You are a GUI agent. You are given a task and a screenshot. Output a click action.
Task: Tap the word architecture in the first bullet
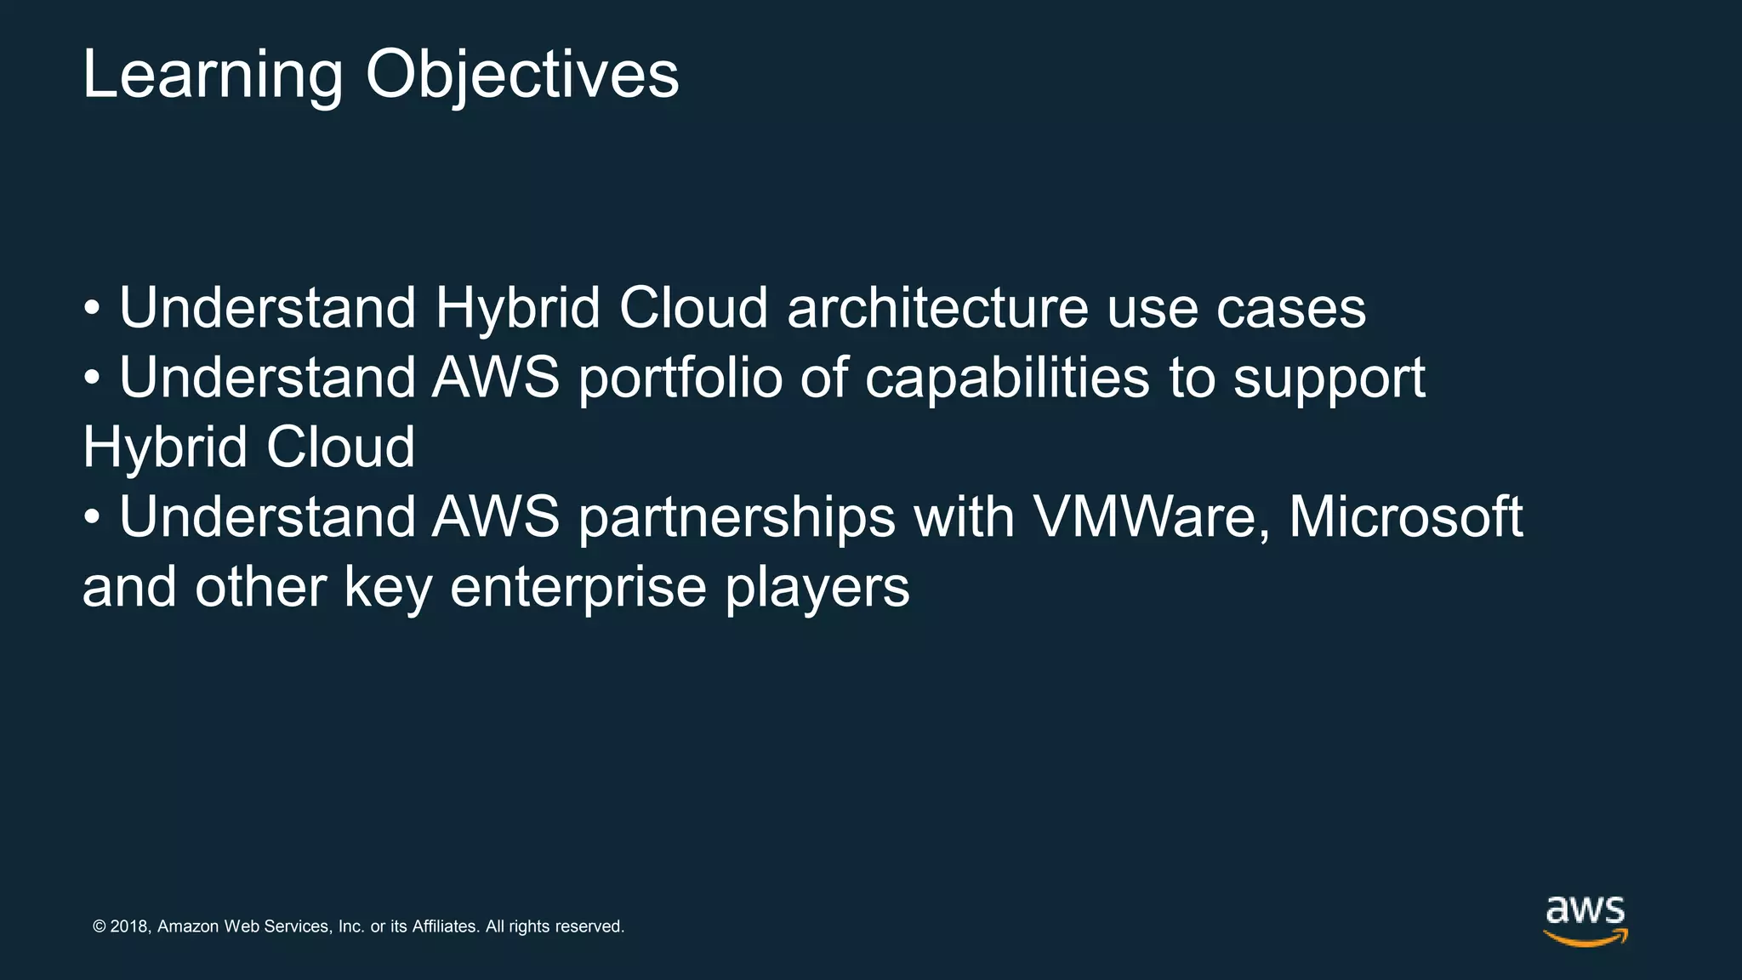click(x=937, y=308)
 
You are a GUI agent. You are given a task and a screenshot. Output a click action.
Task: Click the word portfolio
click(x=680, y=379)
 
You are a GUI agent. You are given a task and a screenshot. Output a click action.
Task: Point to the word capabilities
click(x=1007, y=379)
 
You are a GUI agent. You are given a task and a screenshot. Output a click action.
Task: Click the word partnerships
click(x=737, y=519)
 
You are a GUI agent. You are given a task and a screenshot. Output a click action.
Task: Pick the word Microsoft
click(x=1405, y=517)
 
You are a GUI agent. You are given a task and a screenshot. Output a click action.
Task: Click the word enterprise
click(x=578, y=589)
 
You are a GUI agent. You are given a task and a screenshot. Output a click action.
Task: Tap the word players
click(x=817, y=589)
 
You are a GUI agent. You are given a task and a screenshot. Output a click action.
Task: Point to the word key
click(x=388, y=589)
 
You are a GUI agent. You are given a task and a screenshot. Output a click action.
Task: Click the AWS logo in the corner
click(x=1585, y=919)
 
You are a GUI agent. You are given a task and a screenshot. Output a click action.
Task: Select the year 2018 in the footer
click(x=130, y=926)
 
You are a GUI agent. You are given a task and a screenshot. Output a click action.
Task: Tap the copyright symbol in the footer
click(x=100, y=926)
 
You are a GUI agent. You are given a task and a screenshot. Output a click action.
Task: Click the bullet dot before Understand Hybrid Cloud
click(x=92, y=310)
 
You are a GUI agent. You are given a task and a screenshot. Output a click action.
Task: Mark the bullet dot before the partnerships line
click(x=92, y=519)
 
